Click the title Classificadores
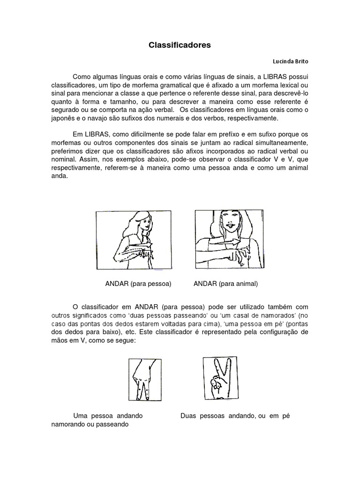(180, 45)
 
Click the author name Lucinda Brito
(291, 61)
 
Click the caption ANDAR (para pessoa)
(137, 284)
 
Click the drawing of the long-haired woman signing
(129, 240)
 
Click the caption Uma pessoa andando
(108, 416)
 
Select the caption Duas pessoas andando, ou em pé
(235, 416)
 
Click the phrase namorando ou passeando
(90, 424)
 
